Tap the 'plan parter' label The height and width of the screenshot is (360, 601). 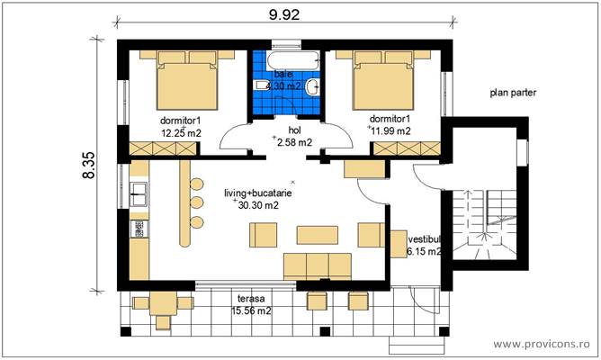pos(512,92)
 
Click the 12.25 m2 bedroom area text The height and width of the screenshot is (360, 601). pos(180,132)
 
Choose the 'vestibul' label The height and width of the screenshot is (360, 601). pos(424,240)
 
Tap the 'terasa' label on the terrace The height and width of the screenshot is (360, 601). pos(250,299)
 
